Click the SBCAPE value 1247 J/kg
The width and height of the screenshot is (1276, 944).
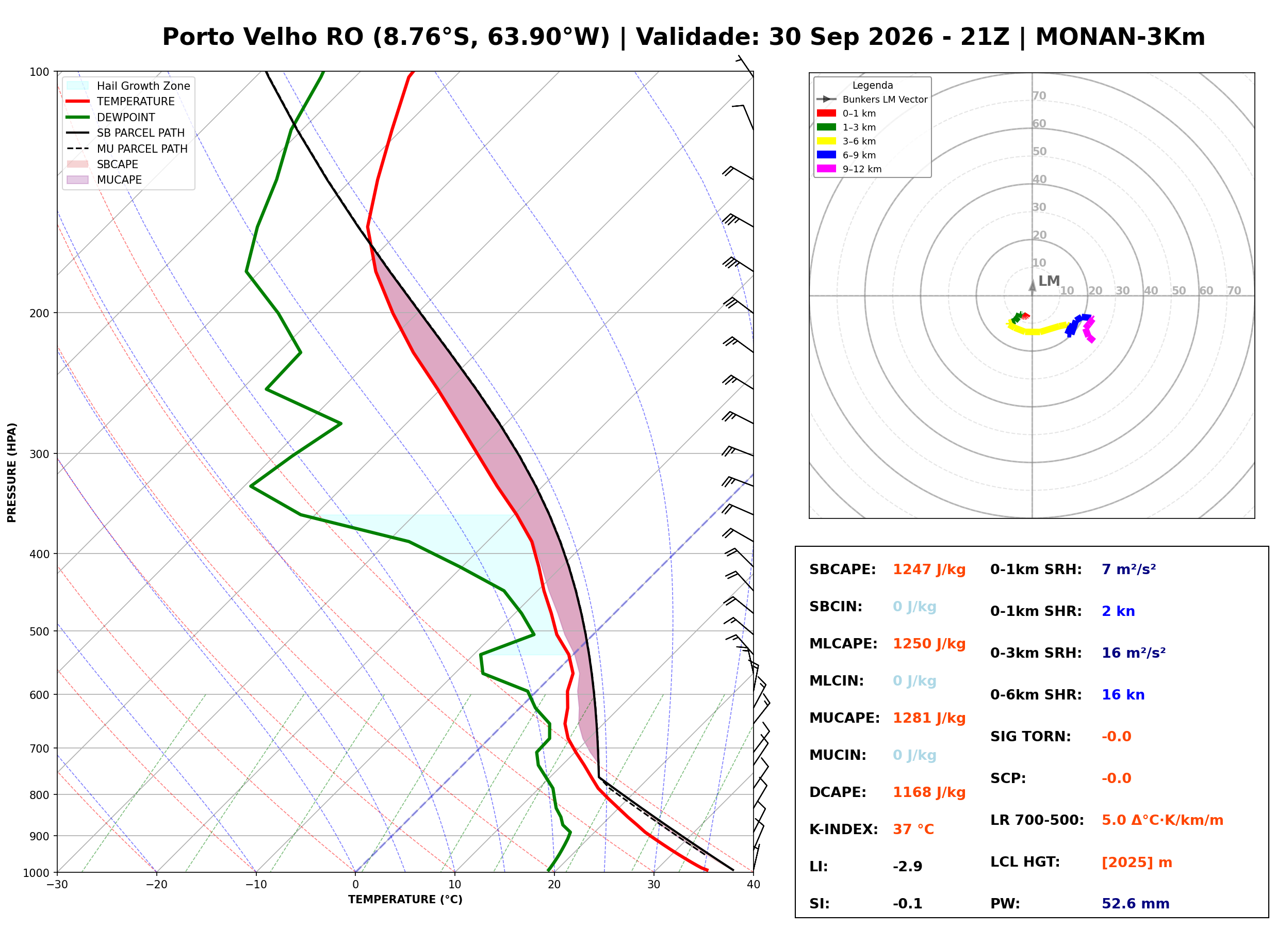tap(929, 569)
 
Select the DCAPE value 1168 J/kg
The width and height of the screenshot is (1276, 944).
tap(929, 792)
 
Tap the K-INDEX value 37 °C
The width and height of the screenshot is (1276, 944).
tap(913, 829)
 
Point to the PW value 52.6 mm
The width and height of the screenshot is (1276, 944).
tap(1136, 904)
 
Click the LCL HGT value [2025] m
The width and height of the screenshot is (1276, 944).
tap(1137, 862)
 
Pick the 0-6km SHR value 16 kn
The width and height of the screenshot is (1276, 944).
tap(1123, 695)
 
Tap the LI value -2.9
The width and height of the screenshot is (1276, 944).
tap(908, 867)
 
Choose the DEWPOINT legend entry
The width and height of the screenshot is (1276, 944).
tap(111, 117)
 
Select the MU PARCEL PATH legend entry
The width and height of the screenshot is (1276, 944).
tap(127, 149)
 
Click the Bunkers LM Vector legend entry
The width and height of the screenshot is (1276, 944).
tap(872, 100)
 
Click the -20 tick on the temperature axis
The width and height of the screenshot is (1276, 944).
tap(156, 885)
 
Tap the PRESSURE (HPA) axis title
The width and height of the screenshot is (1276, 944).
tap(12, 473)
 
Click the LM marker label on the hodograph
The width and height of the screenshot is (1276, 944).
tap(1049, 281)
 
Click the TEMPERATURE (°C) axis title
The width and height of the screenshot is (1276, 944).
tap(405, 900)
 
